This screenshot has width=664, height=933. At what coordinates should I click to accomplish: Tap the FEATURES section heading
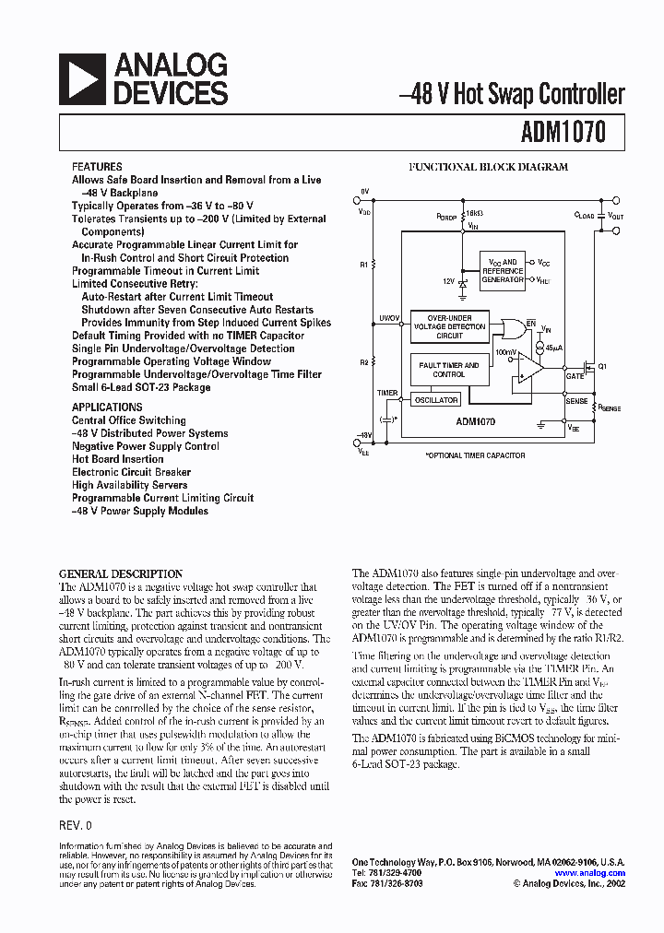coord(97,167)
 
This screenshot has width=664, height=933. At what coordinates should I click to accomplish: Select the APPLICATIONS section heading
coord(107,407)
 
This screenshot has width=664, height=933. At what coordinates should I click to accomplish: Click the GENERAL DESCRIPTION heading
coord(121,573)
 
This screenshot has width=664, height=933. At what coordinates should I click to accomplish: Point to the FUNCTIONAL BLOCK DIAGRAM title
coord(489,167)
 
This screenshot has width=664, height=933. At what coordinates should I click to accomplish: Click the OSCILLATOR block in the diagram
coord(435,400)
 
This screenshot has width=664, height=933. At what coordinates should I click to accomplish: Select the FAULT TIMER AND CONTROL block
coord(449,370)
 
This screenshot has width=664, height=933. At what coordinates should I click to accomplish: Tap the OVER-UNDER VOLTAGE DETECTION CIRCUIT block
coord(450,326)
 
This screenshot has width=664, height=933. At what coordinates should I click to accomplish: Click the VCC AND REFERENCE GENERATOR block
coord(503,270)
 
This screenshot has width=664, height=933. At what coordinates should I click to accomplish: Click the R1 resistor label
coord(364,265)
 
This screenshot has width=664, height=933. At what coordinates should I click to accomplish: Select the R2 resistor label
coord(364,363)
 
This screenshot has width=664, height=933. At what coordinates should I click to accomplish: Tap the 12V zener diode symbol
coord(462,284)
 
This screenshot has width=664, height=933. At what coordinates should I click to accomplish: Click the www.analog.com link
coord(589,873)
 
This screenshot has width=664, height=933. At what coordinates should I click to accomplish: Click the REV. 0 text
coord(76,825)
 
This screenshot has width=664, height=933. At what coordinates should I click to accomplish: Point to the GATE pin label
coord(575,376)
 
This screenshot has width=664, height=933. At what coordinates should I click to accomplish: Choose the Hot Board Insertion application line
coord(118,459)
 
